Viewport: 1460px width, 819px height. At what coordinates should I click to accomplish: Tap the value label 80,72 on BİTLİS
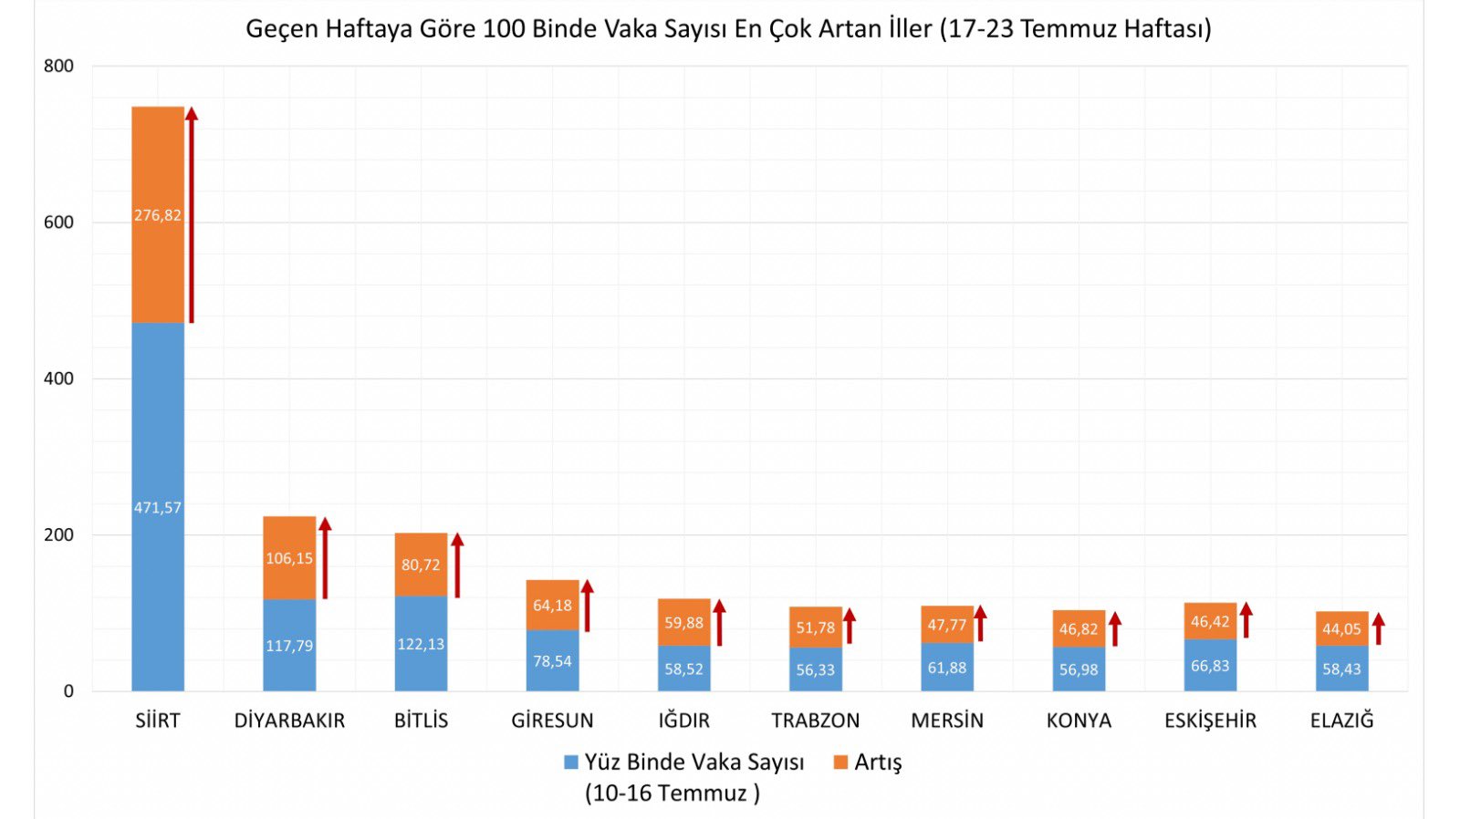(x=421, y=565)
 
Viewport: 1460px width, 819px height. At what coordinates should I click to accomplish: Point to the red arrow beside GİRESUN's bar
(x=588, y=606)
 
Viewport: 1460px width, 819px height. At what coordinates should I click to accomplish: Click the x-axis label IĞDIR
(x=683, y=721)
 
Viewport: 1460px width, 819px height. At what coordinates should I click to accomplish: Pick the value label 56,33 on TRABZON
(x=815, y=669)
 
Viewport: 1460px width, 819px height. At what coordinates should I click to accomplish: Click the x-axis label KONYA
(x=1079, y=721)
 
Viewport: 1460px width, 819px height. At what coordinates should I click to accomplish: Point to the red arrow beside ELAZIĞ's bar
(x=1378, y=628)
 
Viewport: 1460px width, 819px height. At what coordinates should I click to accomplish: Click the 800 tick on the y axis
(x=58, y=66)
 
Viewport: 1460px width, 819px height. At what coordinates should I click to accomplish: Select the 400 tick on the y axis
(x=58, y=378)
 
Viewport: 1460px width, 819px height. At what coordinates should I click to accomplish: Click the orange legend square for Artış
(x=840, y=762)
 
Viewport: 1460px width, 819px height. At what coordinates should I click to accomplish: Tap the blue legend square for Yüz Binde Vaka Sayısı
(x=571, y=762)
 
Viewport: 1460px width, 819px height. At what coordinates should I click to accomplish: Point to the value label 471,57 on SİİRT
(x=158, y=507)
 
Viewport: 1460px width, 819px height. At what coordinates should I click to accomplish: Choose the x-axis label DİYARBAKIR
(x=289, y=721)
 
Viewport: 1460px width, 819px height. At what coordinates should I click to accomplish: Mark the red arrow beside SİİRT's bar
(x=192, y=214)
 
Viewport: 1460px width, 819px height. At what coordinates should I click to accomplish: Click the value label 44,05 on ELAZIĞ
(x=1341, y=628)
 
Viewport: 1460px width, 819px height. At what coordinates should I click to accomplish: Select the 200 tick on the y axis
(x=58, y=534)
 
